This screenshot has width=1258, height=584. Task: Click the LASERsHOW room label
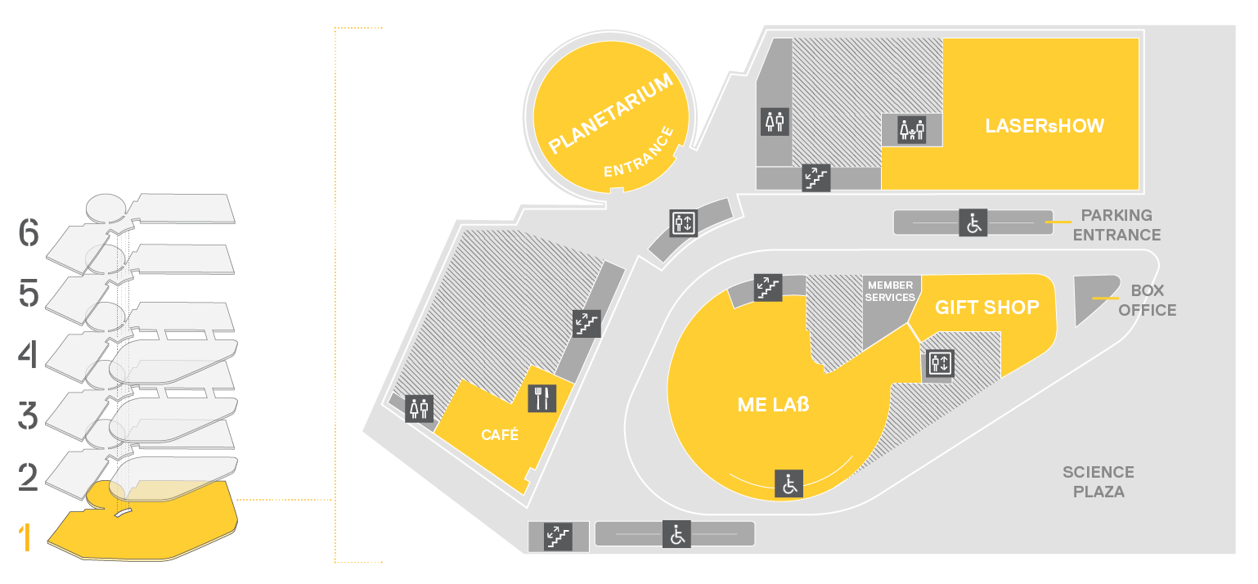pos(1045,126)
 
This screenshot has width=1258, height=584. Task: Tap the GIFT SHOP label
pos(986,308)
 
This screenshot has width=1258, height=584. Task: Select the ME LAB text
pos(773,404)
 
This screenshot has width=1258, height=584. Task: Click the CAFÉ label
pos(500,434)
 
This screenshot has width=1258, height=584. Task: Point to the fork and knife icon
pos(542,398)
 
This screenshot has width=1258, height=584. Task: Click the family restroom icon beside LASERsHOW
pos(911,130)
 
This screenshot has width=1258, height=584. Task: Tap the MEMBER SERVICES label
pos(890,291)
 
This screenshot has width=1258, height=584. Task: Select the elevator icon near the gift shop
pos(940,363)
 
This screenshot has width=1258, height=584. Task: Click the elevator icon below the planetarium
pos(684,223)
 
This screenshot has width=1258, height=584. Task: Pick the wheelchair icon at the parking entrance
pos(973,223)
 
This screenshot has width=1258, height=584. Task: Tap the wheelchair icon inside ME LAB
pos(789,483)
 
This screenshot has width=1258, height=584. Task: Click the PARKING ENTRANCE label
pos(1116,225)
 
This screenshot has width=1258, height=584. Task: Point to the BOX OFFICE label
pos(1147,300)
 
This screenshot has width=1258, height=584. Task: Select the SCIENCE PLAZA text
pos(1099,482)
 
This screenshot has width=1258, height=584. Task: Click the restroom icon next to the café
pos(420,409)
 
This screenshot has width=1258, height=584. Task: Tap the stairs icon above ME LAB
pos(768,288)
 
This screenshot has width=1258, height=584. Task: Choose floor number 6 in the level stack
pos(29,232)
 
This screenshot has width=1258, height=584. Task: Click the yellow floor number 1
pos(25,537)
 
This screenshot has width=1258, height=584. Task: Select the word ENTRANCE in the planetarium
pos(639,152)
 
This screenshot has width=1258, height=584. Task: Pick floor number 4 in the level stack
pos(28,354)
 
